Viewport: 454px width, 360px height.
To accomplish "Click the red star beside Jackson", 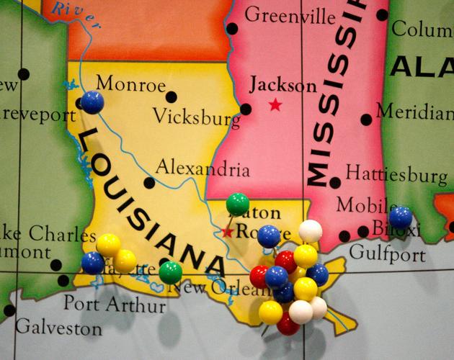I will pos(275,105).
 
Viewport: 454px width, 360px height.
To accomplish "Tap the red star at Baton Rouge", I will pos(228,232).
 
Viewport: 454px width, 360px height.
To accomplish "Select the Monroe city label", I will pos(130,84).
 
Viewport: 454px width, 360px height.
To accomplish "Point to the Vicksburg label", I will pos(196,117).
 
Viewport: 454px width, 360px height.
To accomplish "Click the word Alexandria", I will pos(202,169).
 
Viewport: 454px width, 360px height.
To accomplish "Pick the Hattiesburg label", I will pos(396,174).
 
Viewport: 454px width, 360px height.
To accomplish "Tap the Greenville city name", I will pos(290,14).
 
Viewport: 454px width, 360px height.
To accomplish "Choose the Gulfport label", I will pos(387,253).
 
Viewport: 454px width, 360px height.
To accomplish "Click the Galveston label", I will pos(58,328).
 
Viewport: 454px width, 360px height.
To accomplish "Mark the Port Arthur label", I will pos(114,303).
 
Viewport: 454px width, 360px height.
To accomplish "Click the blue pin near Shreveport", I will pos(92,102).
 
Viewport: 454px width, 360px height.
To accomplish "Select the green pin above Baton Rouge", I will pos(237,204).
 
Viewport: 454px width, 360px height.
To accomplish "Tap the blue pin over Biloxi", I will pos(401,217).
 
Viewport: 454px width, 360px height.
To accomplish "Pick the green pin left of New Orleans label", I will pos(170,272).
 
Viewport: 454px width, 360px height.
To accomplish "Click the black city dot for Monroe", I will pos(171,96).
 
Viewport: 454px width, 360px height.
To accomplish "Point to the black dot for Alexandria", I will pos(149,183).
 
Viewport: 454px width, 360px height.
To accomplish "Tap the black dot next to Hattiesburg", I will pos(335,183).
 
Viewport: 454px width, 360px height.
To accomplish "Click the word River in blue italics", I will pos(66,9).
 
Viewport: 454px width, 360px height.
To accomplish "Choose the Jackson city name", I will pos(282,86).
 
